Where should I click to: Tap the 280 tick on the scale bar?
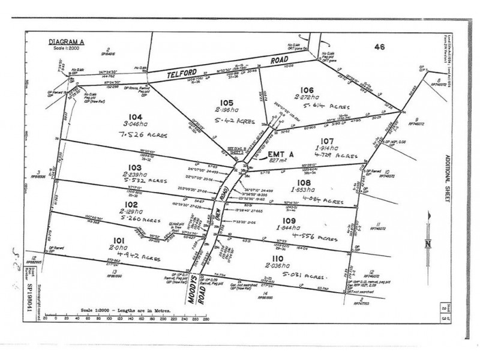pyautogui.click(x=205, y=318)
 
